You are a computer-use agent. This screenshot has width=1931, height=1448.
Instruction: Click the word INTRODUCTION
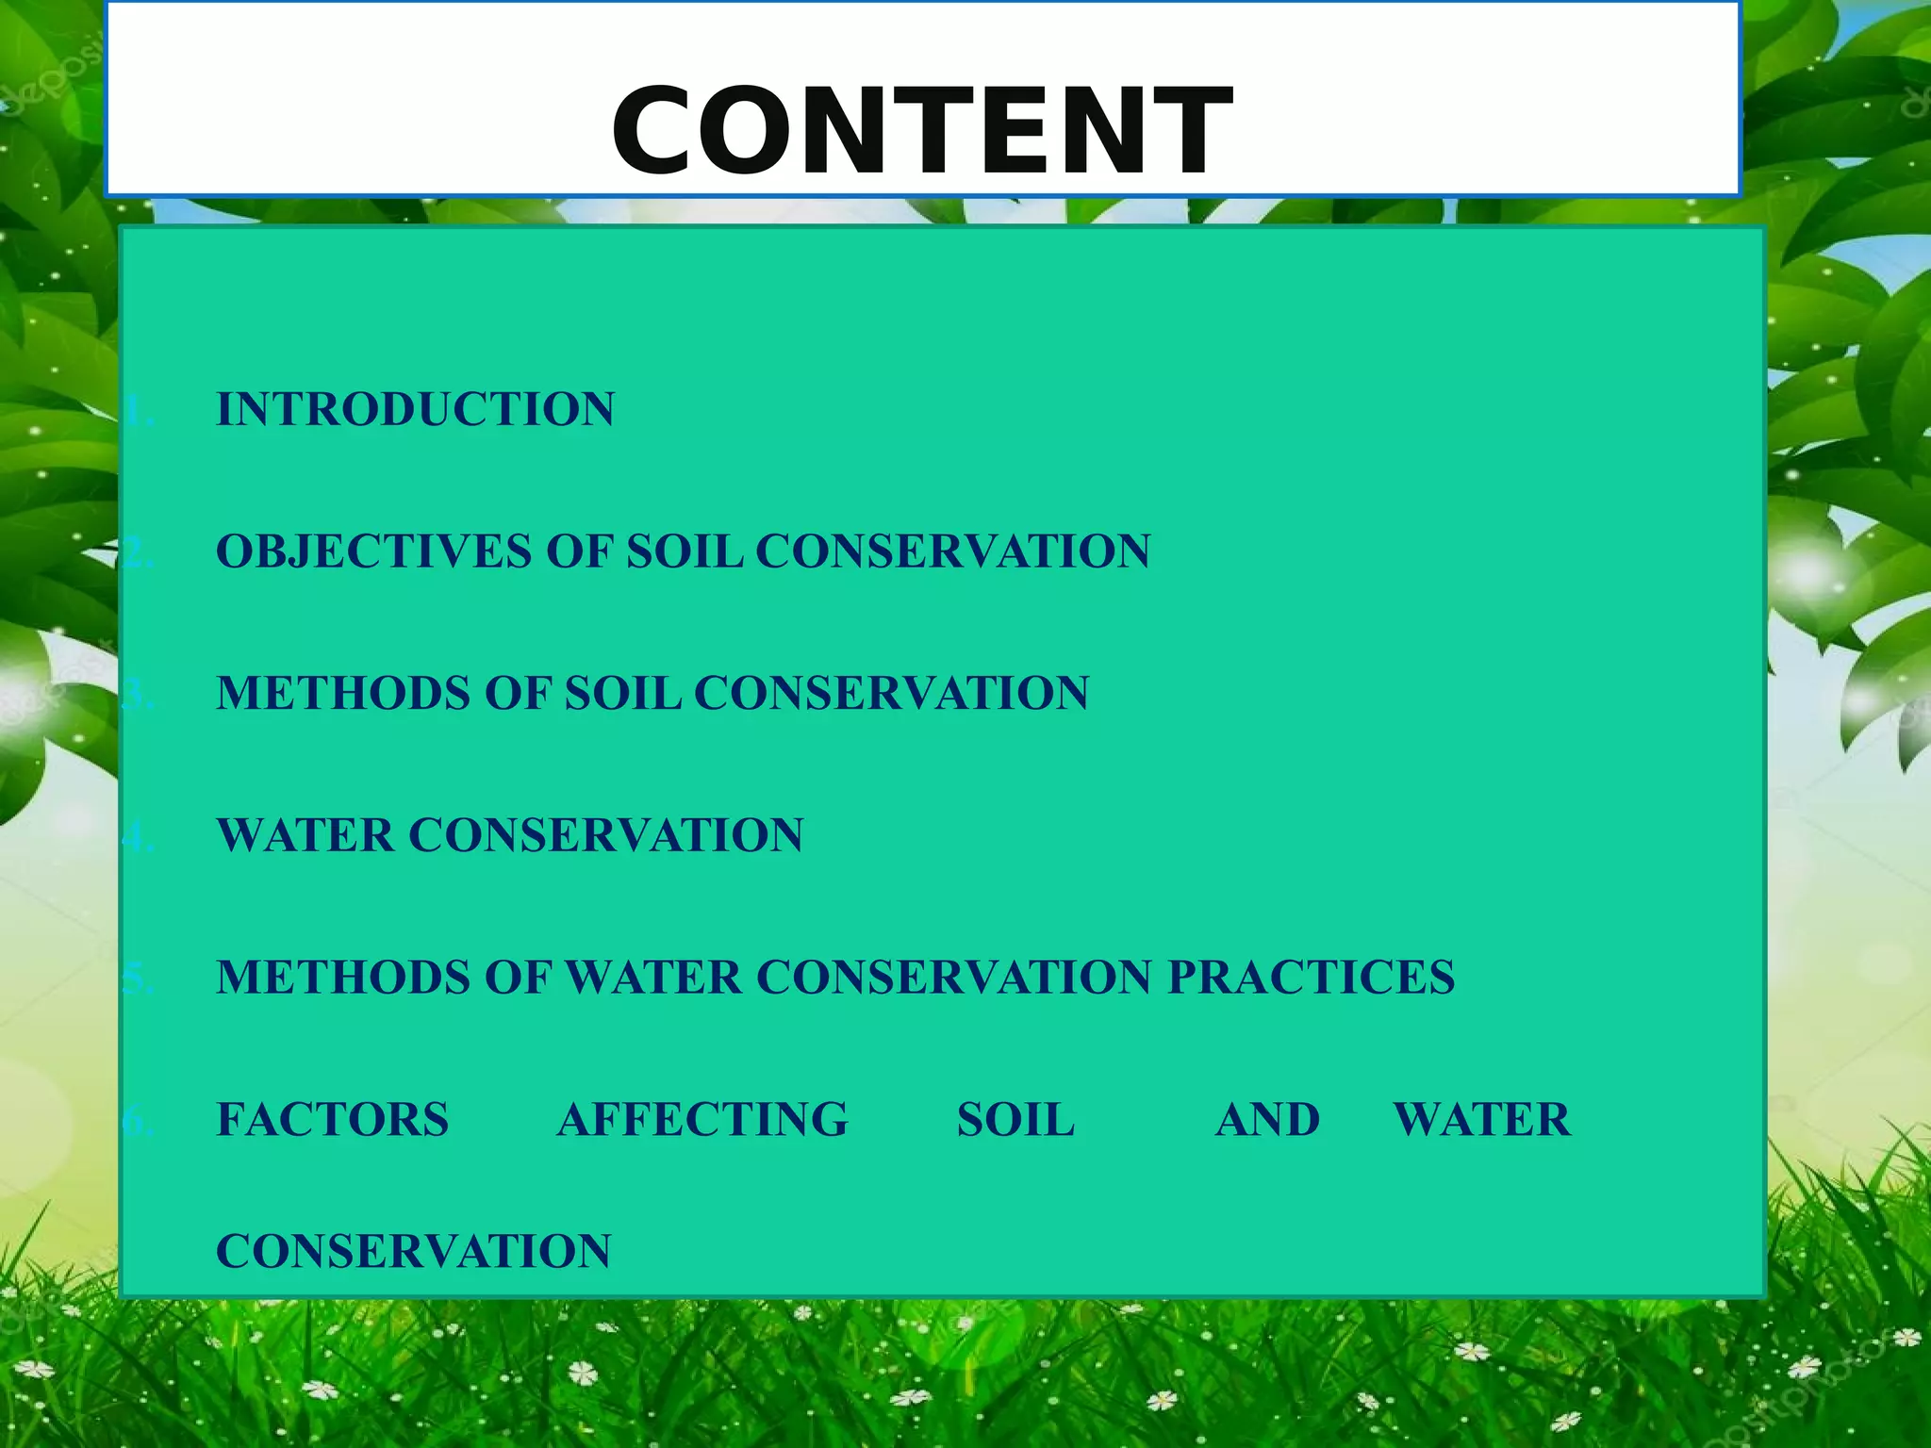[x=415, y=410]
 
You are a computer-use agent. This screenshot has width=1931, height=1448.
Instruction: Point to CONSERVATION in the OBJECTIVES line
[x=952, y=551]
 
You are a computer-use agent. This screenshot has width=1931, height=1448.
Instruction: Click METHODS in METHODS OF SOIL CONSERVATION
[x=343, y=694]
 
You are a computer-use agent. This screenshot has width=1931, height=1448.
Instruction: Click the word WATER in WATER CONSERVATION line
[x=305, y=835]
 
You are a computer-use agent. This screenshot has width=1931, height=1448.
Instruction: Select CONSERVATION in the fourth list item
[x=605, y=835]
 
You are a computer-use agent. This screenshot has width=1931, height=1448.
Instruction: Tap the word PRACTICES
[x=1311, y=978]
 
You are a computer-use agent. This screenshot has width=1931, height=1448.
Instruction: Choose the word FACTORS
[x=332, y=1120]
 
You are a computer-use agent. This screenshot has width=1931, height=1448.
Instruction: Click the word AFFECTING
[x=702, y=1120]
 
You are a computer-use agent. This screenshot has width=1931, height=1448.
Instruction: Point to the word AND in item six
[x=1267, y=1120]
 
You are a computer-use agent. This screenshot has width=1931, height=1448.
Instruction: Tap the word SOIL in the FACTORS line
[x=1015, y=1120]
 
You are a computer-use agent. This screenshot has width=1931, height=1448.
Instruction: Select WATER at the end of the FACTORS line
[x=1481, y=1120]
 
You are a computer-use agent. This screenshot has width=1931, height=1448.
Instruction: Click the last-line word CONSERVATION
[x=413, y=1252]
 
